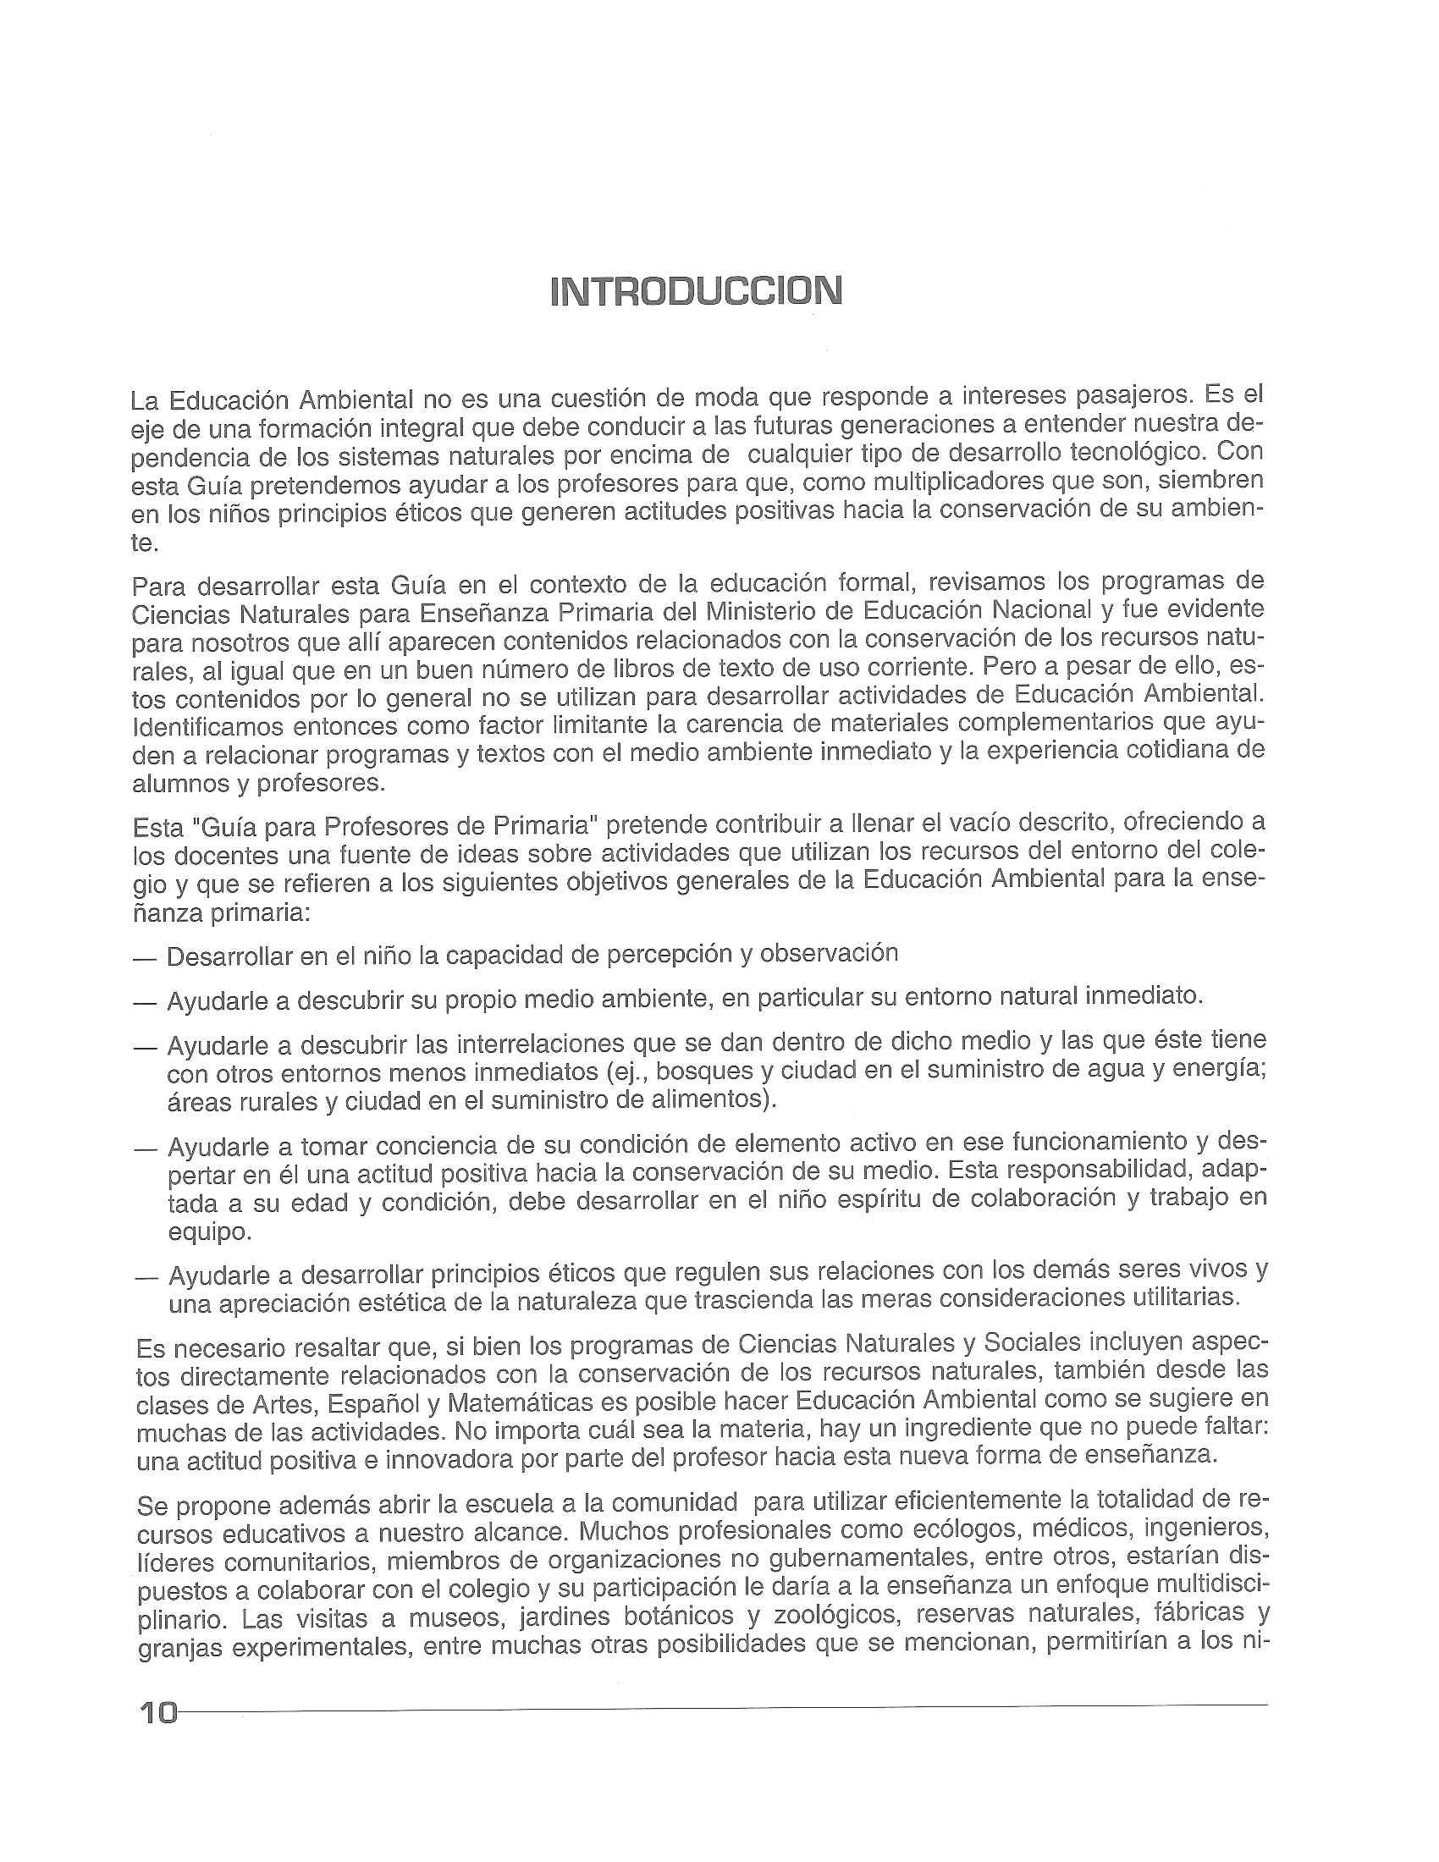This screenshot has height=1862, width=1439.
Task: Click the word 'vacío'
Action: (1006, 823)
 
